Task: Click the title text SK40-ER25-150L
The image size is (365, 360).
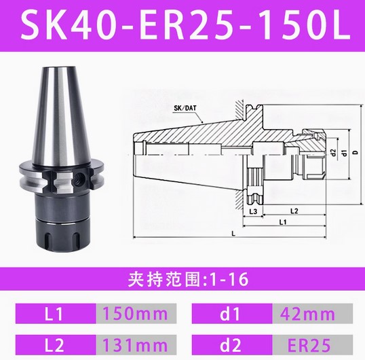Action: (185, 25)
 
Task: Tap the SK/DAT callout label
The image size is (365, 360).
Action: (185, 108)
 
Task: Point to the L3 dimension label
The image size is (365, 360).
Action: (253, 211)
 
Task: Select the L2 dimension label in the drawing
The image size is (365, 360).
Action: (294, 211)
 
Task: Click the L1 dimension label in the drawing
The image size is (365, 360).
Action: (283, 222)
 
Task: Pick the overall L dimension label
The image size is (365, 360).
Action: (233, 234)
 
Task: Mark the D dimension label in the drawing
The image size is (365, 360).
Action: (356, 153)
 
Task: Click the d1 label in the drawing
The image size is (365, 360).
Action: (345, 153)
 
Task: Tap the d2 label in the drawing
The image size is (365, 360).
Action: (334, 153)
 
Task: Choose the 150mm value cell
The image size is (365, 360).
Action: (136, 313)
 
